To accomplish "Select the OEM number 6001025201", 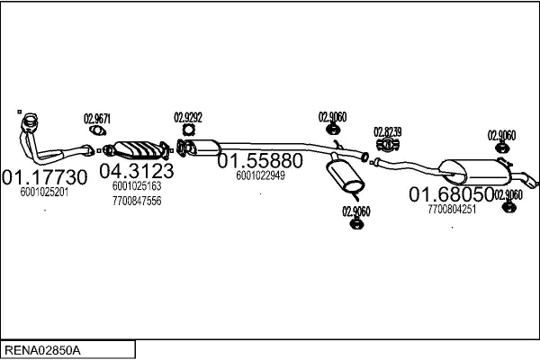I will pos(44,192).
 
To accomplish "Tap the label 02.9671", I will pos(97,118).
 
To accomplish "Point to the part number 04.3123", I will pos(137,170).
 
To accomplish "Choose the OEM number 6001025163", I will pos(137,186).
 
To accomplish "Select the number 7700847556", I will pos(137,201).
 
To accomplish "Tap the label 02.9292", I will pos(188,117).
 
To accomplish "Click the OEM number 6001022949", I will pos(260,176).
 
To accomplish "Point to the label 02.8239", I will pos(387,131).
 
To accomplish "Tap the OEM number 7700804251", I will pos(452,209).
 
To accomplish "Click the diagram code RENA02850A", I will pos(43,348).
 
